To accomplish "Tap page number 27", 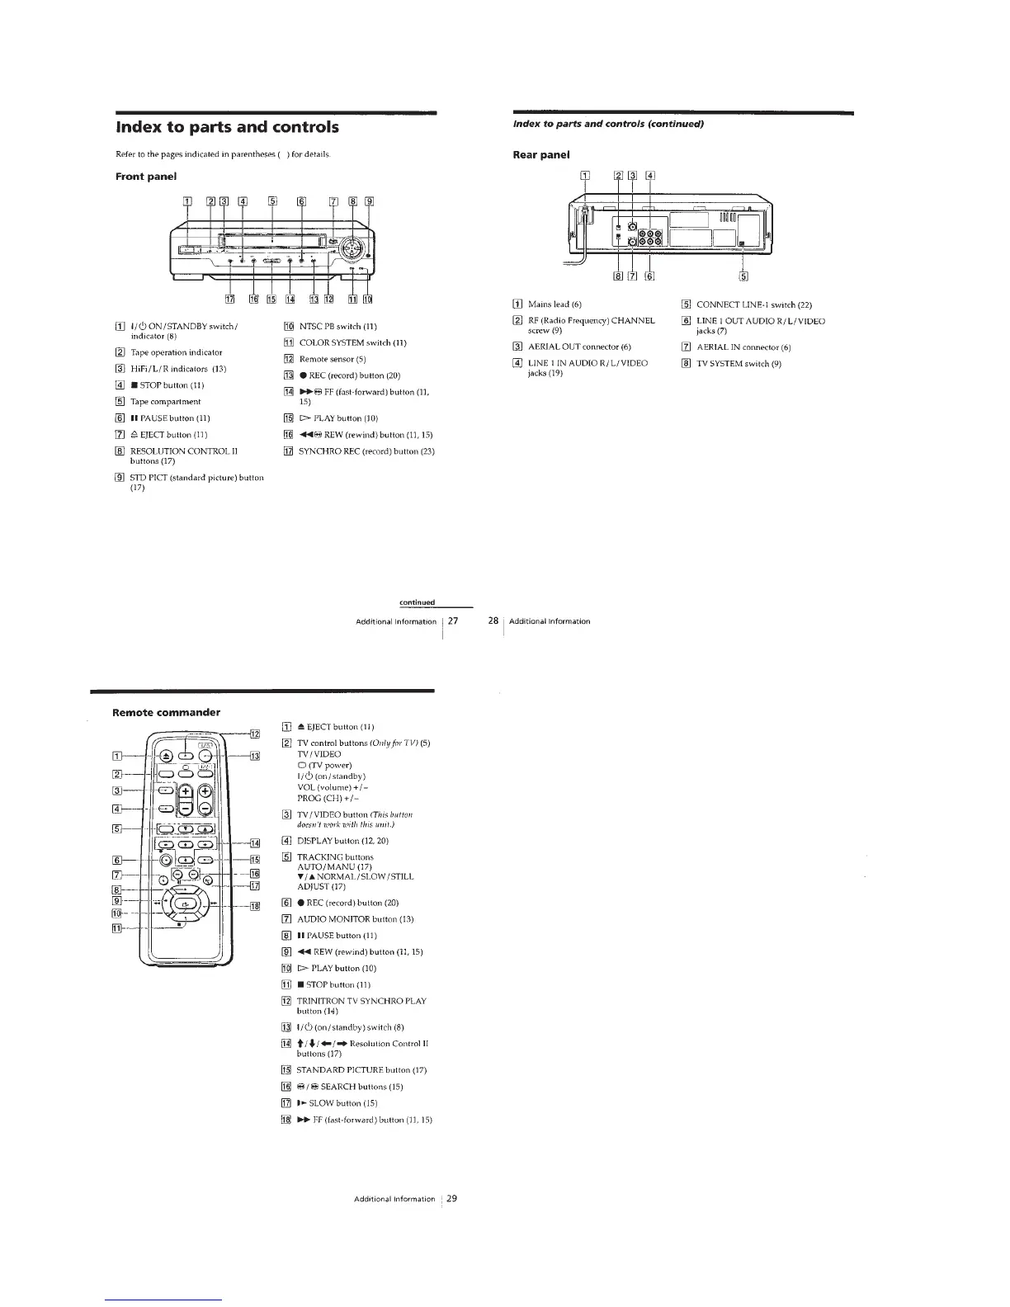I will click(x=452, y=620).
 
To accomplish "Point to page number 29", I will click(x=451, y=1199).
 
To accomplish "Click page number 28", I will click(x=493, y=620).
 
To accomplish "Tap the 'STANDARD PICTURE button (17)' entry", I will click(x=361, y=1070).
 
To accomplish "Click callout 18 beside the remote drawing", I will click(x=254, y=906).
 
